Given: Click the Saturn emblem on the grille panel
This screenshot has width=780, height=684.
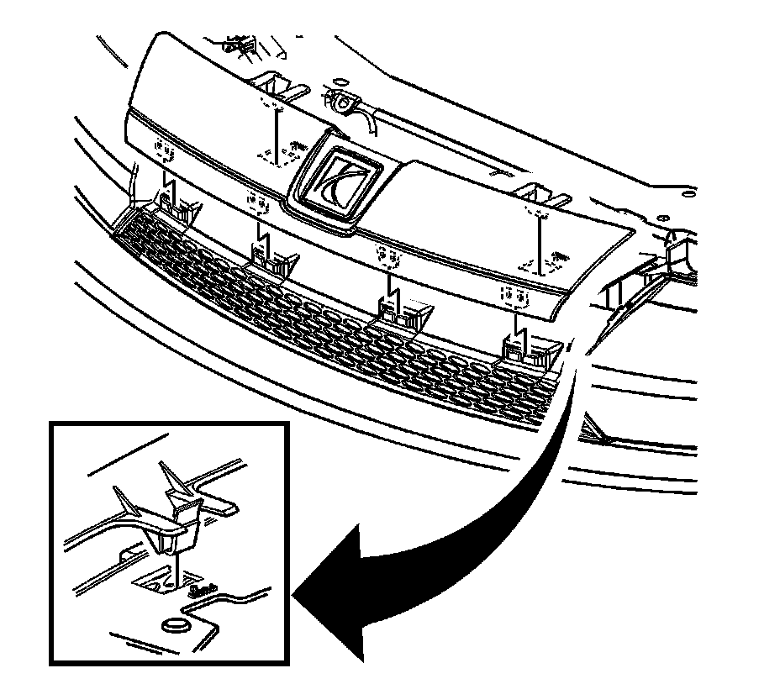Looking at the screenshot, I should coord(335,178).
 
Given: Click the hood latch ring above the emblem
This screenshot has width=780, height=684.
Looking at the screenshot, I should coord(342,103).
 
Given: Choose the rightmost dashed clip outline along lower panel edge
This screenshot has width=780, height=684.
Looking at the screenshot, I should coord(514,294).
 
